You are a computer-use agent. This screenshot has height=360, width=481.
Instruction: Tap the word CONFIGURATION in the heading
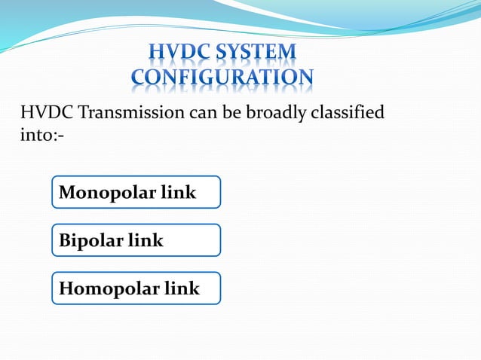[222, 77]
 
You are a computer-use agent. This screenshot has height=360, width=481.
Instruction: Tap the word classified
[347, 113]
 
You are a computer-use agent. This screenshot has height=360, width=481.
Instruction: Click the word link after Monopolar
[179, 193]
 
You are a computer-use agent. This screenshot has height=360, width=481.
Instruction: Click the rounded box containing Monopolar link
[136, 192]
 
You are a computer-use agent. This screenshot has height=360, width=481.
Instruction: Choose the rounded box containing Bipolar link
[136, 240]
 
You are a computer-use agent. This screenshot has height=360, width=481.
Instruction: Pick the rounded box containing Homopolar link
[136, 288]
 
